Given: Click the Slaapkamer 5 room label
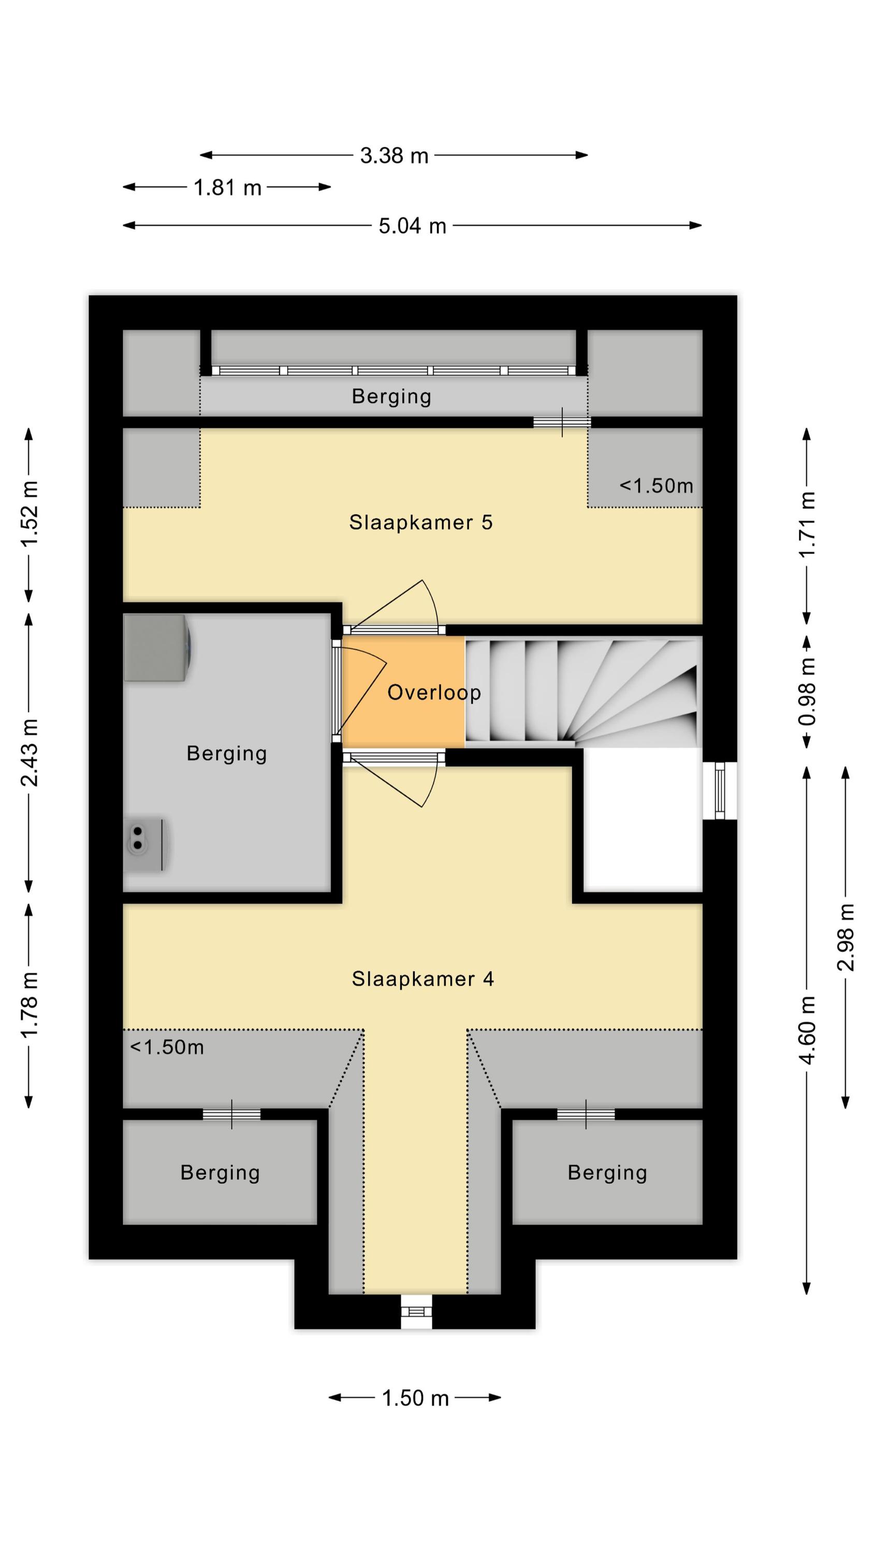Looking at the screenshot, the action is click(420, 522).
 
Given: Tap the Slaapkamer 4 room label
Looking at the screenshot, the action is click(423, 978).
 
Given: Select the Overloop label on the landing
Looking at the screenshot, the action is click(434, 693).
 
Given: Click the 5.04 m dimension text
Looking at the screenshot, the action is click(413, 226).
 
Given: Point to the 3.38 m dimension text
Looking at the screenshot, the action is click(394, 155).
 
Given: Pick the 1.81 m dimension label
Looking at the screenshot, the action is click(227, 187).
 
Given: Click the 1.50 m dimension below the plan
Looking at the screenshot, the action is click(416, 1398).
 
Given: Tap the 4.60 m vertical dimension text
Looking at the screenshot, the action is click(807, 1030).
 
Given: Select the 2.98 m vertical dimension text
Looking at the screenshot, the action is click(845, 937).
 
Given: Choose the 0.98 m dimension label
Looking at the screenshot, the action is click(807, 692).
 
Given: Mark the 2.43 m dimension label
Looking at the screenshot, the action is click(29, 752).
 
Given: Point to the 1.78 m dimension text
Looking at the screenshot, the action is click(29, 1005).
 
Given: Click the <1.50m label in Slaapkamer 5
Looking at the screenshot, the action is click(656, 486).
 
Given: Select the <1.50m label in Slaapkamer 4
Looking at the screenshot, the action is click(167, 1047).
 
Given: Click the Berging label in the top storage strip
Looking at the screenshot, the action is click(391, 397).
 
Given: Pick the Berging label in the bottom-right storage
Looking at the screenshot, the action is click(607, 1173).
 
